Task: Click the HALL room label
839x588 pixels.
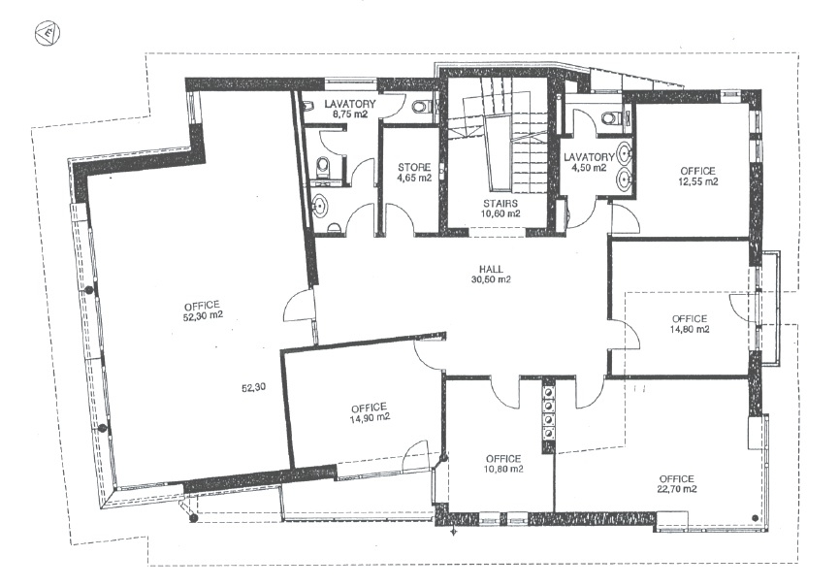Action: (491, 270)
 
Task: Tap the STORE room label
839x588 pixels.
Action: (414, 168)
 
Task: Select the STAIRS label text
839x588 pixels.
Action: (500, 204)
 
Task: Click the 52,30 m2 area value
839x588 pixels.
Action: (202, 315)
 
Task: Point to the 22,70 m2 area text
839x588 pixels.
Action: (677, 489)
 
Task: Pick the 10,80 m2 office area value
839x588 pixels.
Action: (503, 470)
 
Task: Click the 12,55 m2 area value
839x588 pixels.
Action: (697, 181)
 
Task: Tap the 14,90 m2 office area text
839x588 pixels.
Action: (370, 418)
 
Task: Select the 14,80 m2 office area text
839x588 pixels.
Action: (690, 329)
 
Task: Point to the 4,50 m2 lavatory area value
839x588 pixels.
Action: (588, 168)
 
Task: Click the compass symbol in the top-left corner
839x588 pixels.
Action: (48, 34)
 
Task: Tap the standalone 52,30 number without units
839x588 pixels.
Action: (253, 387)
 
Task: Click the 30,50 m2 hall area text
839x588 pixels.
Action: (491, 279)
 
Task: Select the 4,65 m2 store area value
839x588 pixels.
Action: (414, 178)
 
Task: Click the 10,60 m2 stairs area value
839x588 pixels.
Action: (500, 213)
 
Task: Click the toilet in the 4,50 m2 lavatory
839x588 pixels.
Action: (611, 117)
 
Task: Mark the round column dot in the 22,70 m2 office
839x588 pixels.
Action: (755, 517)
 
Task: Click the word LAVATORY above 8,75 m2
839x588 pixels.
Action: (350, 104)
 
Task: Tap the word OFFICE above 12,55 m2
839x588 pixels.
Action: (697, 171)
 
